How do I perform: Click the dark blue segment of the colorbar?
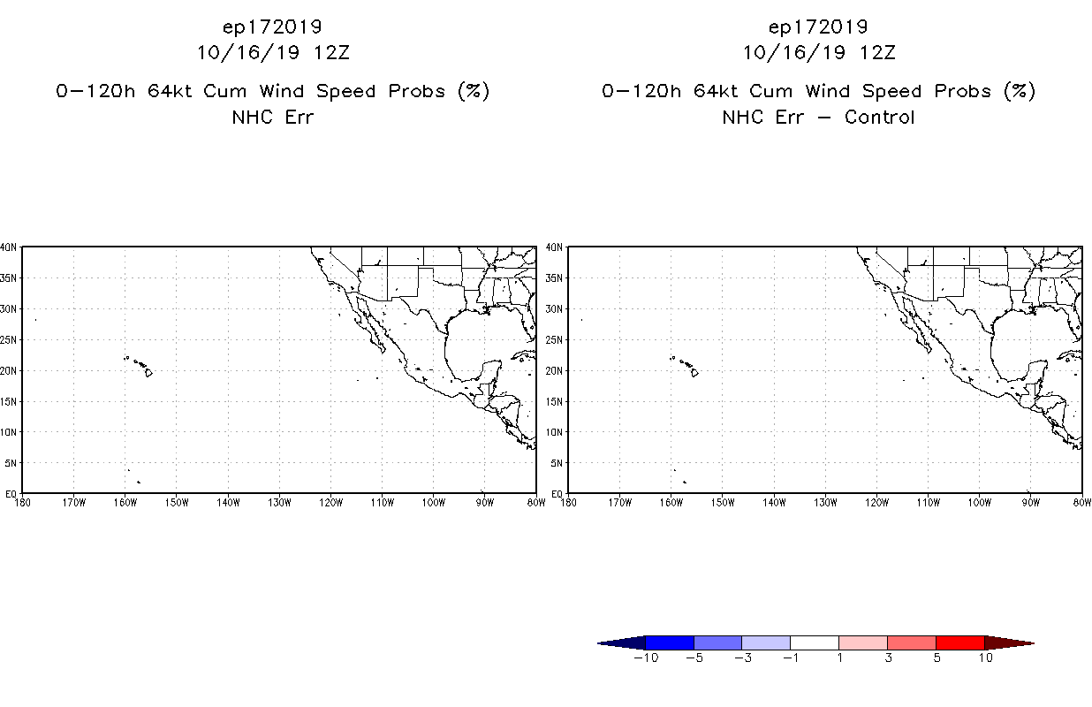click(670, 642)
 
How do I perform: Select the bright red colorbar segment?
click(959, 642)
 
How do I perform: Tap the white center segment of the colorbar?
click(815, 642)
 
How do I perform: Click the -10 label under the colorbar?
click(646, 658)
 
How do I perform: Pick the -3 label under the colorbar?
click(742, 658)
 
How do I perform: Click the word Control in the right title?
click(879, 117)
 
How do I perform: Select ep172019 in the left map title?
click(272, 27)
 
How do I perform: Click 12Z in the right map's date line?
click(877, 52)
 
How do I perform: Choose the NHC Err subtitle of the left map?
click(272, 117)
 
